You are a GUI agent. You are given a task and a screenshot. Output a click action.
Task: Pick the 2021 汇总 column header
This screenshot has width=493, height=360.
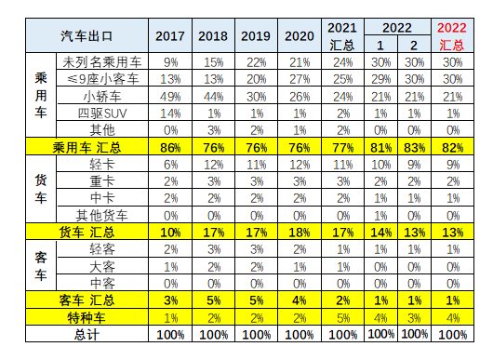(341, 36)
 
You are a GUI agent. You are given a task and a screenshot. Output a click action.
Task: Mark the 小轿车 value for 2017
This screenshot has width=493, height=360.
(170, 95)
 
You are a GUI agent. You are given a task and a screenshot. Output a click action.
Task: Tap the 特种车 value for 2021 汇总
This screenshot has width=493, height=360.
(342, 316)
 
